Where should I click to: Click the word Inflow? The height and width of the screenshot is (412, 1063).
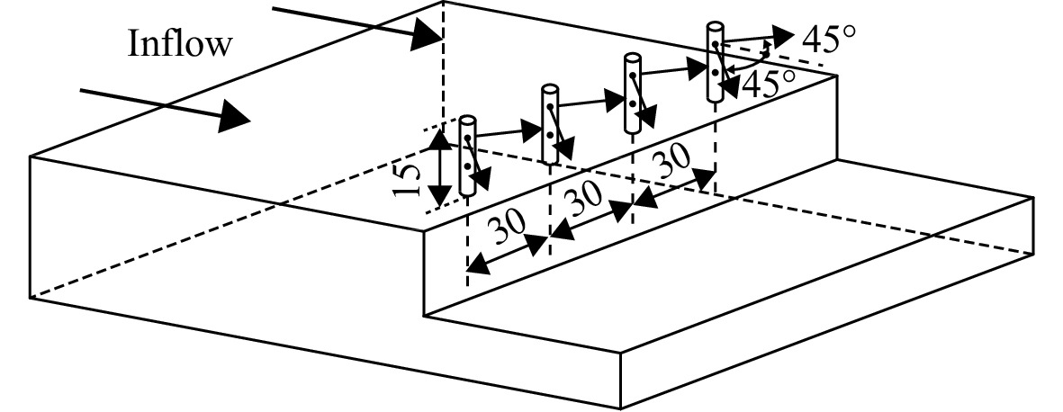click(180, 44)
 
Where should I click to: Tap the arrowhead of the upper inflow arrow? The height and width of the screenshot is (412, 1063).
click(428, 34)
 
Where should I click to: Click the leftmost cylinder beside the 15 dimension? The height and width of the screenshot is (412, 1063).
click(467, 156)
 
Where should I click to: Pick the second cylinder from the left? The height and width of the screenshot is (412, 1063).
click(550, 123)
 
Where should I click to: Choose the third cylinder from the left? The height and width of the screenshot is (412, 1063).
click(633, 92)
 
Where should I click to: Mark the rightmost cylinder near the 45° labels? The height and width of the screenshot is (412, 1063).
click(716, 62)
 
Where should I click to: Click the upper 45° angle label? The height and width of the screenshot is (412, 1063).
click(828, 40)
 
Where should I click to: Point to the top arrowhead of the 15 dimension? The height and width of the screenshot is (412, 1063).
click(440, 140)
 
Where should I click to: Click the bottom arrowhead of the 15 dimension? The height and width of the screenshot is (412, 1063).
click(440, 195)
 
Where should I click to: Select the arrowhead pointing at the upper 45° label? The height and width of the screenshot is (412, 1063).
click(781, 34)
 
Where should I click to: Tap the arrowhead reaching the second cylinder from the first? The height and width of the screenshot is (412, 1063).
click(531, 130)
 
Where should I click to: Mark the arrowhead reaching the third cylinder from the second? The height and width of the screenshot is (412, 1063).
click(614, 100)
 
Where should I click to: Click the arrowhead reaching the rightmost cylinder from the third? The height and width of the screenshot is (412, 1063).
click(697, 67)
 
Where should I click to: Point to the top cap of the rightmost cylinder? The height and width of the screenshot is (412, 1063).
click(716, 26)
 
